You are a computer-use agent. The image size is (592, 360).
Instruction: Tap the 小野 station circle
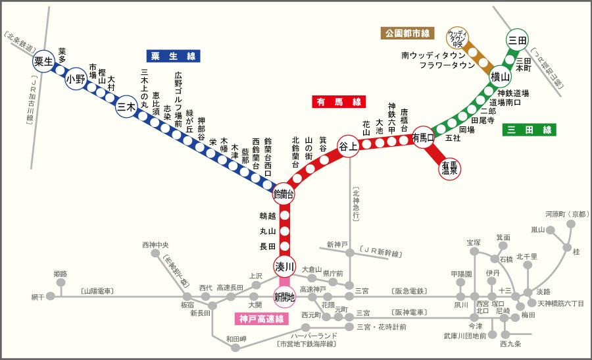(76, 80)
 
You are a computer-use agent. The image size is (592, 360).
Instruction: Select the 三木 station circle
(126, 108)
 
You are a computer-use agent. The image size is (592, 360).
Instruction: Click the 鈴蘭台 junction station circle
(284, 194)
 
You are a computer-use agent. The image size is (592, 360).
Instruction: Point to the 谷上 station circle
(348, 147)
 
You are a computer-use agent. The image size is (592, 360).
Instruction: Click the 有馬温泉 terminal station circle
(451, 168)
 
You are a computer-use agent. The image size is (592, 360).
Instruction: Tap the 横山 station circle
(501, 77)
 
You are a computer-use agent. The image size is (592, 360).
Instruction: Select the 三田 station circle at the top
(517, 40)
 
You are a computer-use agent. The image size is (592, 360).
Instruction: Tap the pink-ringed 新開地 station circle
(285, 297)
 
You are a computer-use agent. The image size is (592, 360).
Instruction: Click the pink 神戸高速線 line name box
(261, 320)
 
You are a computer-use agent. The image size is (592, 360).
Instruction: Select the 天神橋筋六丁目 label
(560, 303)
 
